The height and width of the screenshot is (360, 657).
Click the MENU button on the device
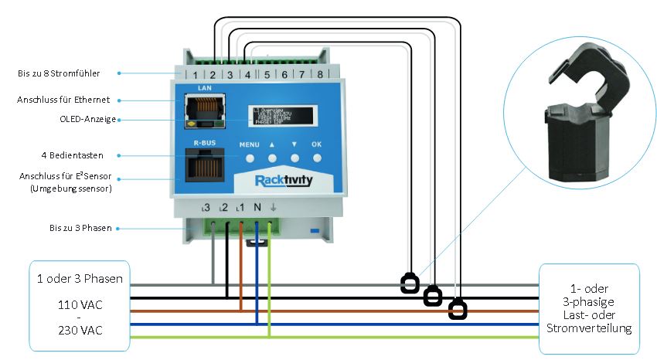point(250,158)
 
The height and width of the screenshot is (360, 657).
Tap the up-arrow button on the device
point(272,158)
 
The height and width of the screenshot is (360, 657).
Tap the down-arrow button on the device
point(294,158)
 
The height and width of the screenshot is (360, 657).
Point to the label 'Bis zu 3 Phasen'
point(73,229)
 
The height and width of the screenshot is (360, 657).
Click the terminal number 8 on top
point(319,75)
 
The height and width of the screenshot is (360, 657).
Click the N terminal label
point(256,208)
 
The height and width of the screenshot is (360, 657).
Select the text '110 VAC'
point(80,304)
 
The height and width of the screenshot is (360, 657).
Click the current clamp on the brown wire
point(458,311)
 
